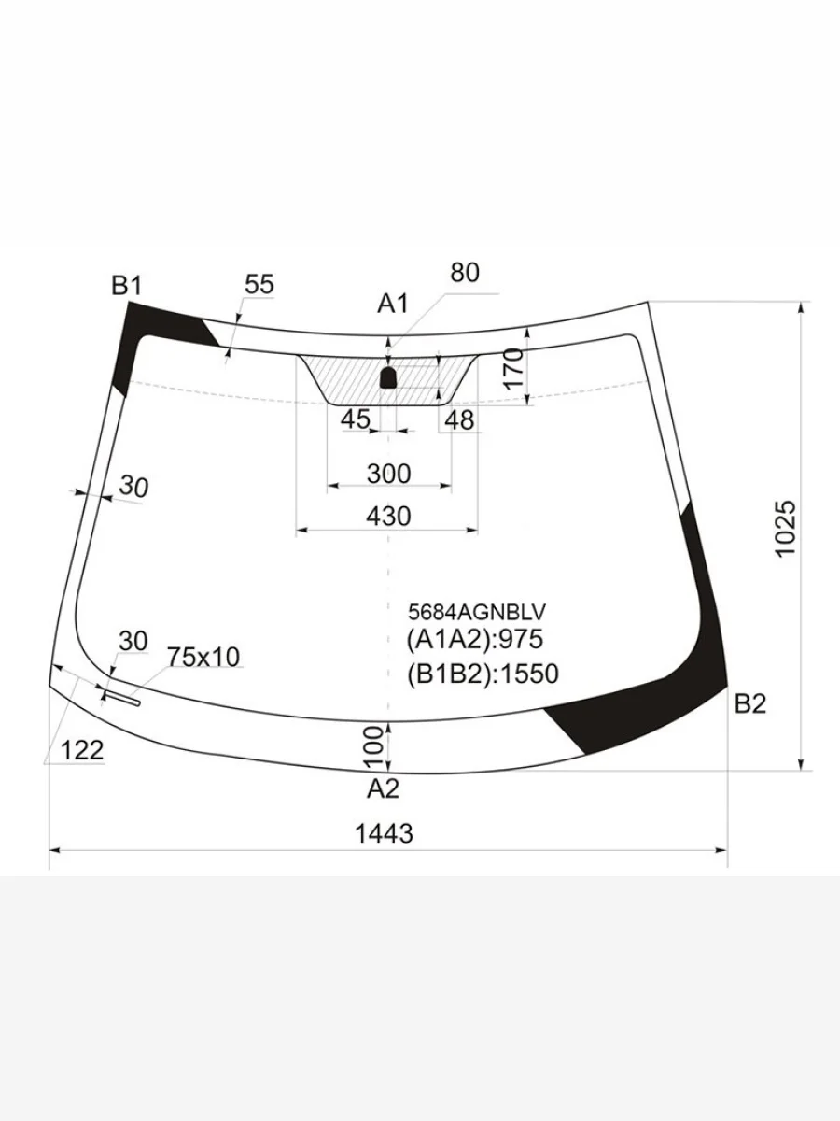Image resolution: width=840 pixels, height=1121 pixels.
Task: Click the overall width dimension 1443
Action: click(x=384, y=834)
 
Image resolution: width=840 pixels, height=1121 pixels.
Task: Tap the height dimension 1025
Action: click(x=786, y=529)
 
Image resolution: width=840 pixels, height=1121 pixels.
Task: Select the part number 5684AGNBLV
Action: click(x=477, y=611)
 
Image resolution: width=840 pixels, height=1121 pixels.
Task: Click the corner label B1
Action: click(x=127, y=286)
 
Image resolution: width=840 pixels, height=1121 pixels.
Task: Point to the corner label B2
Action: click(x=750, y=704)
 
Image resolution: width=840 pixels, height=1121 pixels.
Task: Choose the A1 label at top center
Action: click(x=393, y=304)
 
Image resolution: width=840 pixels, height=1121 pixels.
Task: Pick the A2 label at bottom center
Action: click(x=383, y=789)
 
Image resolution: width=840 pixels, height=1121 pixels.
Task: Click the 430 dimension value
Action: click(x=388, y=517)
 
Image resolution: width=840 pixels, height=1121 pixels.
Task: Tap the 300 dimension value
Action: click(x=388, y=474)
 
